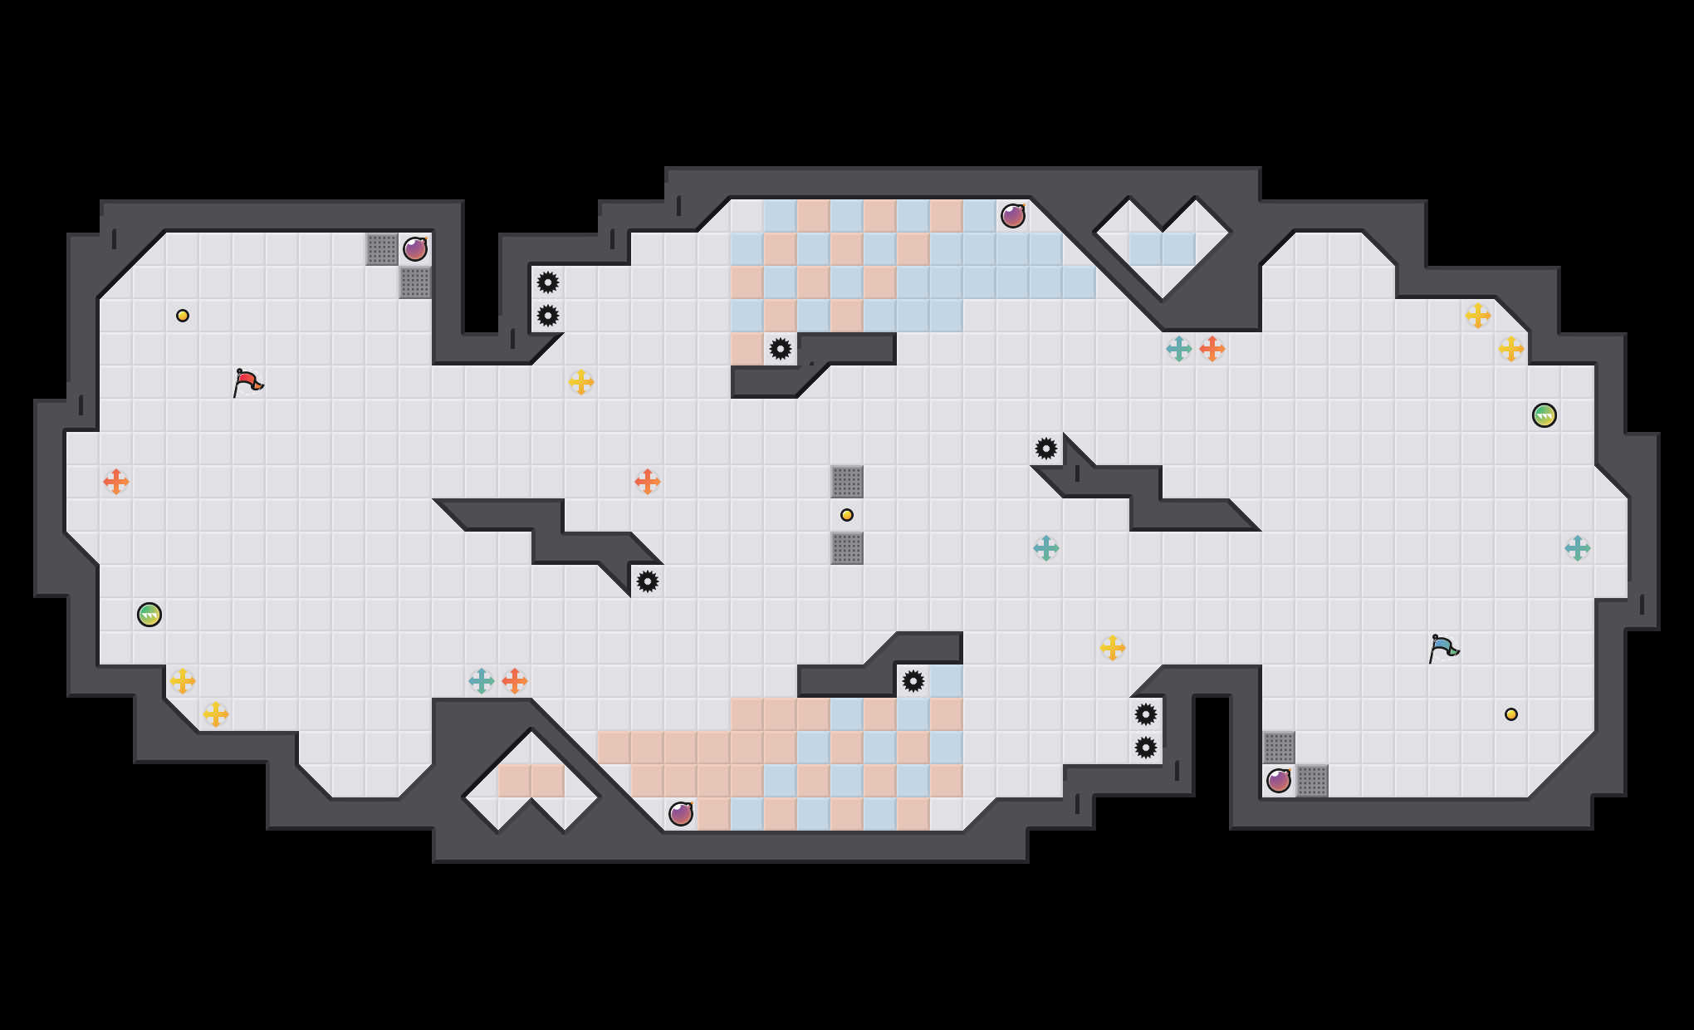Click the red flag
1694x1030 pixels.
(x=247, y=382)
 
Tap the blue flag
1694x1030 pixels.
(x=1443, y=648)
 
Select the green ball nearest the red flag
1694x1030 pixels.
(x=149, y=615)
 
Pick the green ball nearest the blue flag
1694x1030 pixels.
(x=1545, y=415)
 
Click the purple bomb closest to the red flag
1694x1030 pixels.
(x=415, y=248)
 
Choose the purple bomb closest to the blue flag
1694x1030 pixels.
(x=1279, y=780)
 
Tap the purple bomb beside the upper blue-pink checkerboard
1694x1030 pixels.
(x=1013, y=216)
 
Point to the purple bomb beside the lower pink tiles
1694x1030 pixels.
(x=681, y=813)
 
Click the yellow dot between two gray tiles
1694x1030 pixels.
(x=847, y=515)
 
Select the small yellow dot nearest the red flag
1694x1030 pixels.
(x=183, y=316)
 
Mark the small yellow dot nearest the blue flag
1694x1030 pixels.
(x=1511, y=714)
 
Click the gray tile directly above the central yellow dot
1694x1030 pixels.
(x=847, y=482)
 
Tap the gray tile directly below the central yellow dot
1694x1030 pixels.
(x=847, y=548)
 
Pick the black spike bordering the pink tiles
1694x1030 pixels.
(x=781, y=349)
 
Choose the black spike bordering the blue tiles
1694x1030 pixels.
(x=913, y=681)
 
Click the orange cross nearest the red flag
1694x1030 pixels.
(x=116, y=482)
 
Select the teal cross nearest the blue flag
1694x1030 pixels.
(x=1578, y=548)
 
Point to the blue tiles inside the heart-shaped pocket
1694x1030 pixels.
(x=1163, y=249)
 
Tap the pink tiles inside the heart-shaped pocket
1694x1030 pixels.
(x=531, y=781)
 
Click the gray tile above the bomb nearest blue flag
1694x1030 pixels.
(x=1279, y=748)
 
